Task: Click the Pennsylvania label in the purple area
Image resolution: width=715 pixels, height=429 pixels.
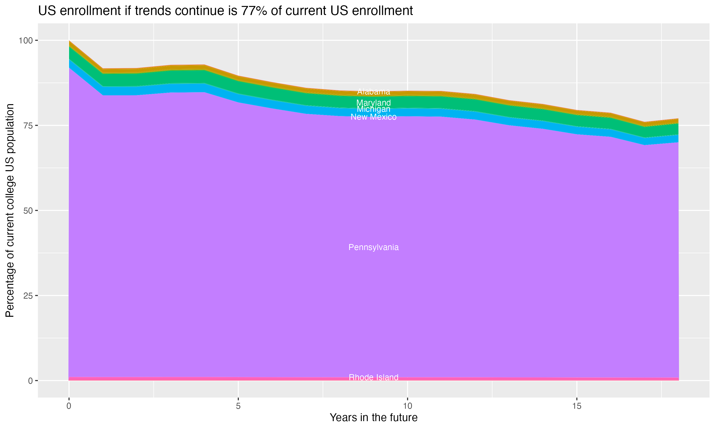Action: tap(373, 247)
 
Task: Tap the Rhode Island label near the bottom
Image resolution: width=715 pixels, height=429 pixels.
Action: tap(373, 377)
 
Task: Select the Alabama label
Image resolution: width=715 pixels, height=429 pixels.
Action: tap(373, 92)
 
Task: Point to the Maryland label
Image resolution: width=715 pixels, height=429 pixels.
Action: tap(373, 103)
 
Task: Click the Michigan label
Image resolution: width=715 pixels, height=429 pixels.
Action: tap(373, 109)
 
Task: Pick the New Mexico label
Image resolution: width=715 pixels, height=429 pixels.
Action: tap(373, 117)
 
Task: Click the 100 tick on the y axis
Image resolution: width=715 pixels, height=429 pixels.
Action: tap(26, 41)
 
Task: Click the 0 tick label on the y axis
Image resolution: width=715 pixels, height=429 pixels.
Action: tap(30, 381)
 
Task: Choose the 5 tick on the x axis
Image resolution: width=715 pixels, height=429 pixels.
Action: tap(238, 406)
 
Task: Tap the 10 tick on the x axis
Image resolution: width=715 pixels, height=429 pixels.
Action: tap(408, 406)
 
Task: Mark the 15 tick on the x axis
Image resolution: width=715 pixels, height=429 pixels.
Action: tap(577, 406)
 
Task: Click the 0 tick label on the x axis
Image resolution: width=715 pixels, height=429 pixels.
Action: tap(69, 406)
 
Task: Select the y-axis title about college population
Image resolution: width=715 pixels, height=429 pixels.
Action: tap(10, 210)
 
